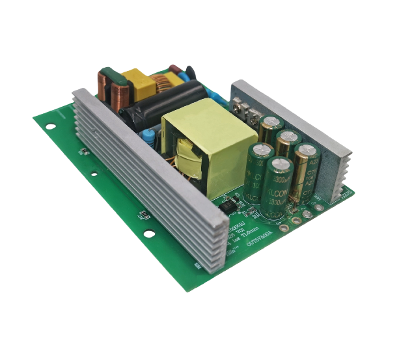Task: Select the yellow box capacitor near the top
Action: (x=137, y=83)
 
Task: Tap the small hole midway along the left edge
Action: (x=94, y=174)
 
